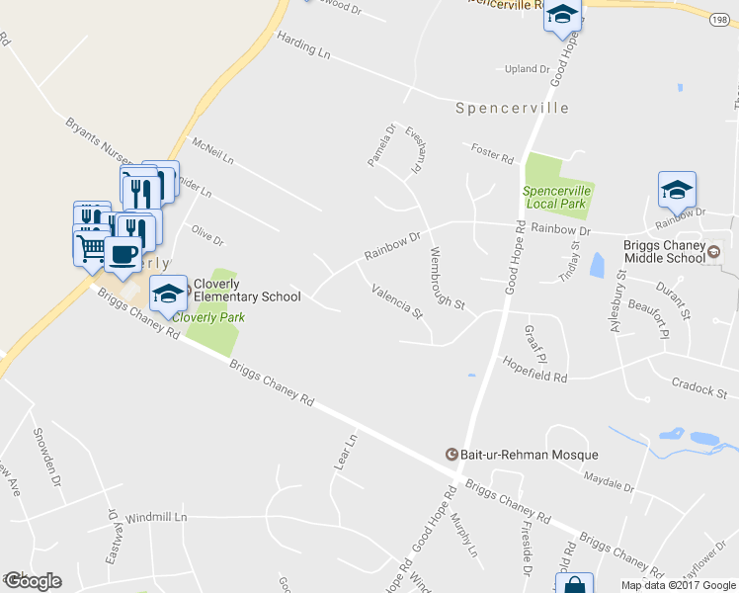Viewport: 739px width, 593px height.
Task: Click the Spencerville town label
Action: coord(512,108)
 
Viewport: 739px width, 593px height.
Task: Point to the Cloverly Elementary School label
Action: coord(247,290)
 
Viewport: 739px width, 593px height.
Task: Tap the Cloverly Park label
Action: coord(208,317)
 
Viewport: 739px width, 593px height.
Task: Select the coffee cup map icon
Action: coord(122,254)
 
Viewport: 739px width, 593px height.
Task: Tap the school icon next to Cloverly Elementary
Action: coord(168,292)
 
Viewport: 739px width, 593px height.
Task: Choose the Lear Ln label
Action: coord(346,452)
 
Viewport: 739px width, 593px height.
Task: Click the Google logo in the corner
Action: coord(33,581)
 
